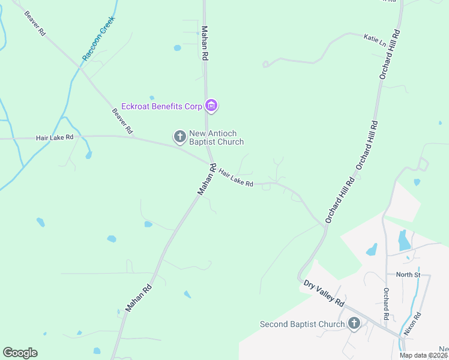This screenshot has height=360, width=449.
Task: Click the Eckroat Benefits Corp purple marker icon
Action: point(211,106)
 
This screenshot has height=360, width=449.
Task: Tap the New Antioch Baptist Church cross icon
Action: point(179,137)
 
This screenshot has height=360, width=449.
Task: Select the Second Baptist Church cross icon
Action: point(354,324)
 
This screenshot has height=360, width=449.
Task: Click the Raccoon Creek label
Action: point(98,38)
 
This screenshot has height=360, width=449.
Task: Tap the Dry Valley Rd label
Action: point(323,293)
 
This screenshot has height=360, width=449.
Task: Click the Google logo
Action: point(20,353)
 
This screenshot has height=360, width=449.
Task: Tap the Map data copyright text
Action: point(424,355)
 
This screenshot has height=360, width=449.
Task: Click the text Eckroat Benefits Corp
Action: point(161,106)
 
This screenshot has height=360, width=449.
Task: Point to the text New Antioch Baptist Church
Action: point(216,137)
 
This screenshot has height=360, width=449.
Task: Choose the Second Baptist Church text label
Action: point(302,324)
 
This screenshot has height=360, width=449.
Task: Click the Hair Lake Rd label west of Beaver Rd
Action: point(55,137)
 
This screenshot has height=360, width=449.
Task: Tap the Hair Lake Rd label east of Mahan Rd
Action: point(236,177)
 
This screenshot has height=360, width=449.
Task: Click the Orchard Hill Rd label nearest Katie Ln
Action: point(389,54)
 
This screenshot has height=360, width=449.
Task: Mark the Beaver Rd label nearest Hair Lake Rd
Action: point(122,121)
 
